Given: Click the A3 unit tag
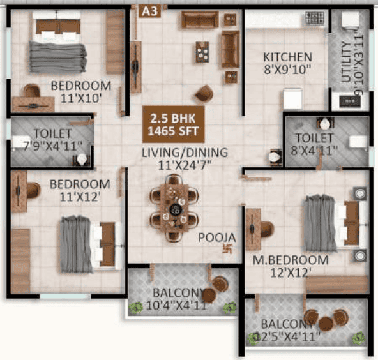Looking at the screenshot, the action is click(x=149, y=11).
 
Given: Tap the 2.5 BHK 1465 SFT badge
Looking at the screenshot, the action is click(x=173, y=124).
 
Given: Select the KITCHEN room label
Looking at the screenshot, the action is click(x=287, y=57).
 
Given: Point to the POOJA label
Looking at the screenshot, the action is click(x=216, y=237).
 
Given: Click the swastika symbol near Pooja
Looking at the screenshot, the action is click(x=227, y=249).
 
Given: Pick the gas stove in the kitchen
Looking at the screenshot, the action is click(x=315, y=19).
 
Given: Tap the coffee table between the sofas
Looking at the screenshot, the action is click(x=202, y=52).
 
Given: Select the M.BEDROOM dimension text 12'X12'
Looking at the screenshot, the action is click(x=290, y=273).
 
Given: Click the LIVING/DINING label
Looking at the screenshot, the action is click(x=185, y=153).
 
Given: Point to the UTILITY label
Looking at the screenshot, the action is click(x=347, y=62).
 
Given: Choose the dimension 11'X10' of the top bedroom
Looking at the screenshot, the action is click(x=80, y=98).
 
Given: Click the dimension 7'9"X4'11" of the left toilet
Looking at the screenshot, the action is click(x=52, y=146).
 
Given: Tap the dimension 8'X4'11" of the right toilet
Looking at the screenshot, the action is click(x=314, y=151).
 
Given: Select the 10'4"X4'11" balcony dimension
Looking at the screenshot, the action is click(x=177, y=306).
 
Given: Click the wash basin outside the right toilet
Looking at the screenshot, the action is click(x=275, y=158).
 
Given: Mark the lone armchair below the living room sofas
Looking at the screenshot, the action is click(x=204, y=93).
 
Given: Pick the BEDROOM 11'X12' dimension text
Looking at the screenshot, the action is click(x=80, y=197).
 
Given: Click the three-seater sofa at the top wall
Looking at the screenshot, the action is click(x=200, y=19).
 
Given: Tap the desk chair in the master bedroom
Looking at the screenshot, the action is click(x=267, y=229).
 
